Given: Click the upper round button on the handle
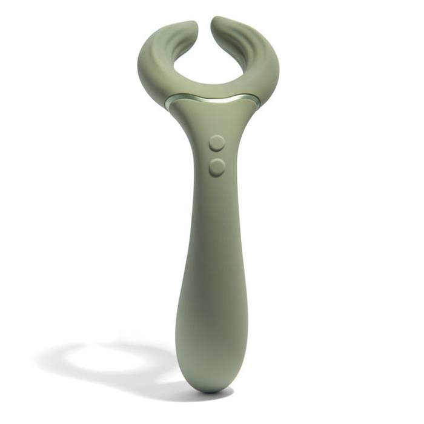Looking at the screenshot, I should coord(217,143).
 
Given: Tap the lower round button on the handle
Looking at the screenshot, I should coord(217,167).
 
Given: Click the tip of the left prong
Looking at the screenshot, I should coord(191,25).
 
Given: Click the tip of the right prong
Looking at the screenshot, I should coord(217,22).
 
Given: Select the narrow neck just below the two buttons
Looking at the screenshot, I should coord(217,200).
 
